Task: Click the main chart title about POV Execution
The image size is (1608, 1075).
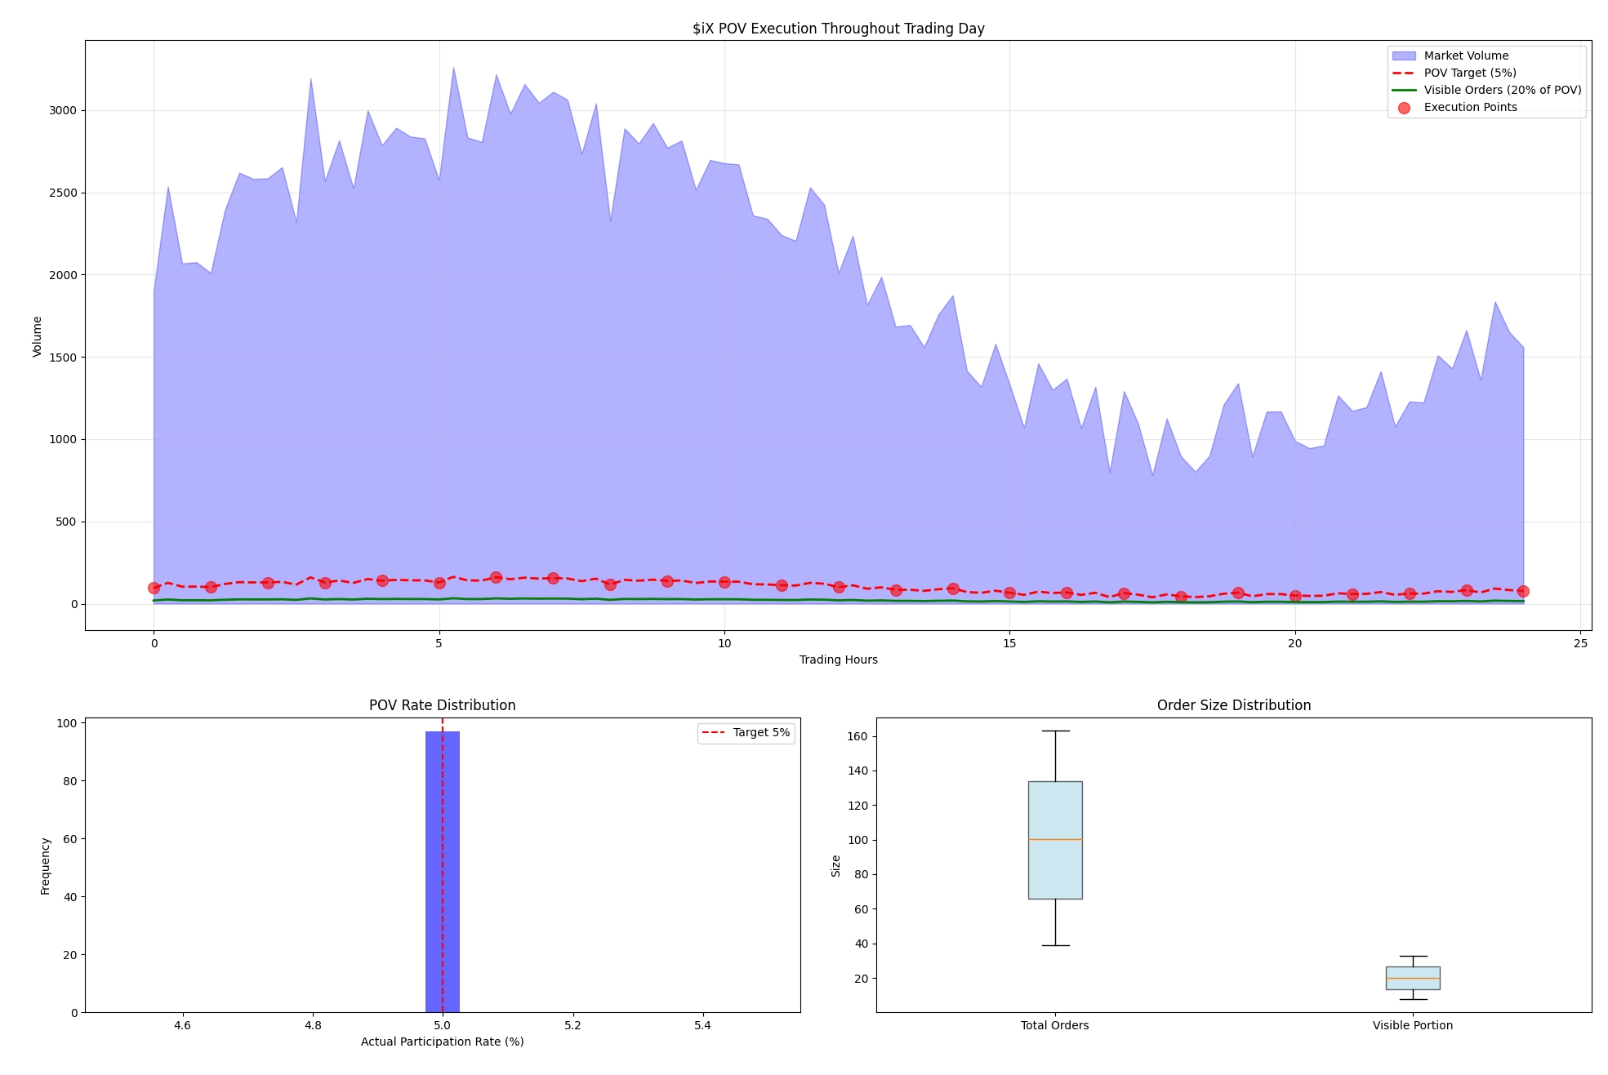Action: (x=838, y=29)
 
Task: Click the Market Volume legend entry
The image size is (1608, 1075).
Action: (x=1465, y=56)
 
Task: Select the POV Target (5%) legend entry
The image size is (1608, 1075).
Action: (x=1469, y=73)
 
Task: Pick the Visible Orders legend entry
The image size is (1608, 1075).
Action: (x=1501, y=90)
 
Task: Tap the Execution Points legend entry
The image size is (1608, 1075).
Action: (x=1469, y=107)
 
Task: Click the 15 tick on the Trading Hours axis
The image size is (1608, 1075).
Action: (x=1009, y=643)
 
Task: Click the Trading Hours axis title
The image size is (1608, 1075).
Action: (x=838, y=660)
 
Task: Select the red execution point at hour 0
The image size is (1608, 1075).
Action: (x=154, y=588)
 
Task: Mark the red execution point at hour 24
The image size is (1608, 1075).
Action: (x=1523, y=591)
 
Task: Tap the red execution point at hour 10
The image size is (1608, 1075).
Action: (x=724, y=582)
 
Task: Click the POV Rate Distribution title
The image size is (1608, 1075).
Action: (x=442, y=705)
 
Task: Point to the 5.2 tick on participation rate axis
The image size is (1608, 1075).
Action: (x=572, y=1025)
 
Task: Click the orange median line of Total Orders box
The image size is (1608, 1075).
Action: (x=1055, y=839)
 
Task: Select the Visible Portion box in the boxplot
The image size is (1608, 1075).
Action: (x=1412, y=978)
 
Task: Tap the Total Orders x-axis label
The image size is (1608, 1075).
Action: (x=1054, y=1025)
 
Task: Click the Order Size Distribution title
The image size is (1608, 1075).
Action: (x=1233, y=705)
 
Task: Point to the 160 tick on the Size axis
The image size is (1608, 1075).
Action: (x=857, y=736)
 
